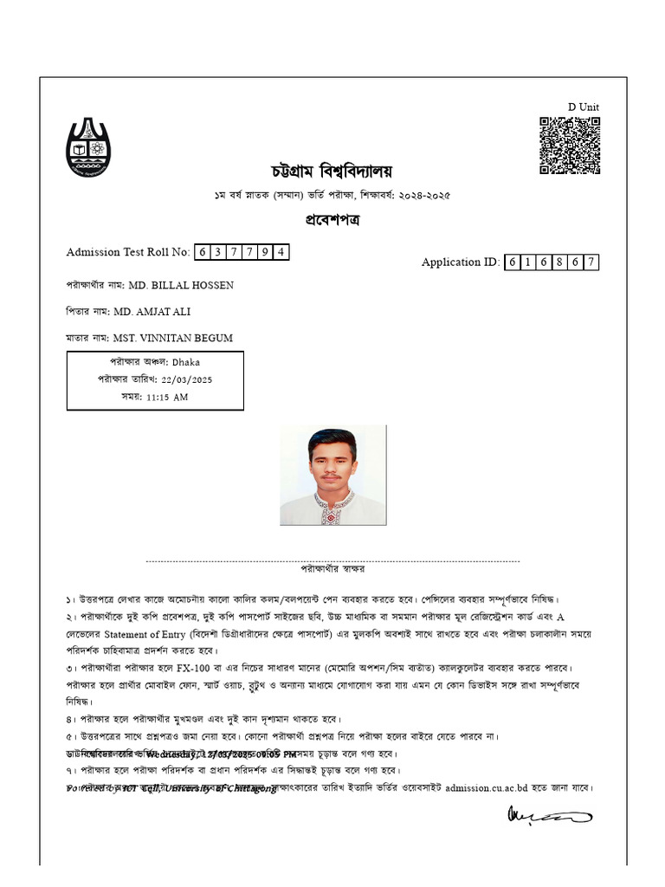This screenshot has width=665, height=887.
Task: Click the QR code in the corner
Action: click(570, 146)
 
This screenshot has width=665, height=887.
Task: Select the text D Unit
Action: click(583, 107)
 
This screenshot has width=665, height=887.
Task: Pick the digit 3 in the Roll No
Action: click(218, 252)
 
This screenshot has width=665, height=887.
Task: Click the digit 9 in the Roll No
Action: click(265, 252)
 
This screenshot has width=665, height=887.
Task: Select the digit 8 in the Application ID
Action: click(559, 262)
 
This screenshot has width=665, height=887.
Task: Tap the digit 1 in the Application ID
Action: click(528, 262)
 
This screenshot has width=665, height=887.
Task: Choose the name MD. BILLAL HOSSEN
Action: click(181, 285)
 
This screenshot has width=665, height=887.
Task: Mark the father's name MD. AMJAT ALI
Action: click(160, 311)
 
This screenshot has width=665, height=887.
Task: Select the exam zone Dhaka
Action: click(185, 362)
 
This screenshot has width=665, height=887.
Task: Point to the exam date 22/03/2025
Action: click(187, 379)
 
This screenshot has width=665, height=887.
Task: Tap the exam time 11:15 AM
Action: click(167, 397)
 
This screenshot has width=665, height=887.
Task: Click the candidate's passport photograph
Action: click(332, 475)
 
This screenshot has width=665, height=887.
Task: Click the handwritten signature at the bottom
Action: click(548, 815)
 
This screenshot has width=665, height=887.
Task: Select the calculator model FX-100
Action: click(194, 668)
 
